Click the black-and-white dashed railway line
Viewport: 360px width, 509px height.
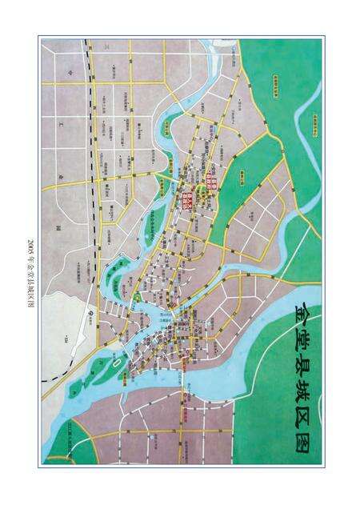(x=95, y=160)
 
